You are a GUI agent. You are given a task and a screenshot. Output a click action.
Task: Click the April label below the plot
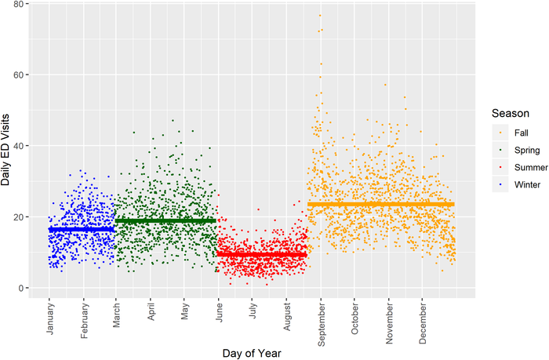(150, 315)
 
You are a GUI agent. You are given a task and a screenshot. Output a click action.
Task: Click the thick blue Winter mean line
(82, 230)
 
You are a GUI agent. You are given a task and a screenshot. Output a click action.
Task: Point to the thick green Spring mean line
(165, 221)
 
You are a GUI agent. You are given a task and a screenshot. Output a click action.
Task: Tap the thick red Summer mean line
(262, 255)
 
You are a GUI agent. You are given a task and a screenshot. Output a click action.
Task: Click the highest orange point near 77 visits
(319, 15)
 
